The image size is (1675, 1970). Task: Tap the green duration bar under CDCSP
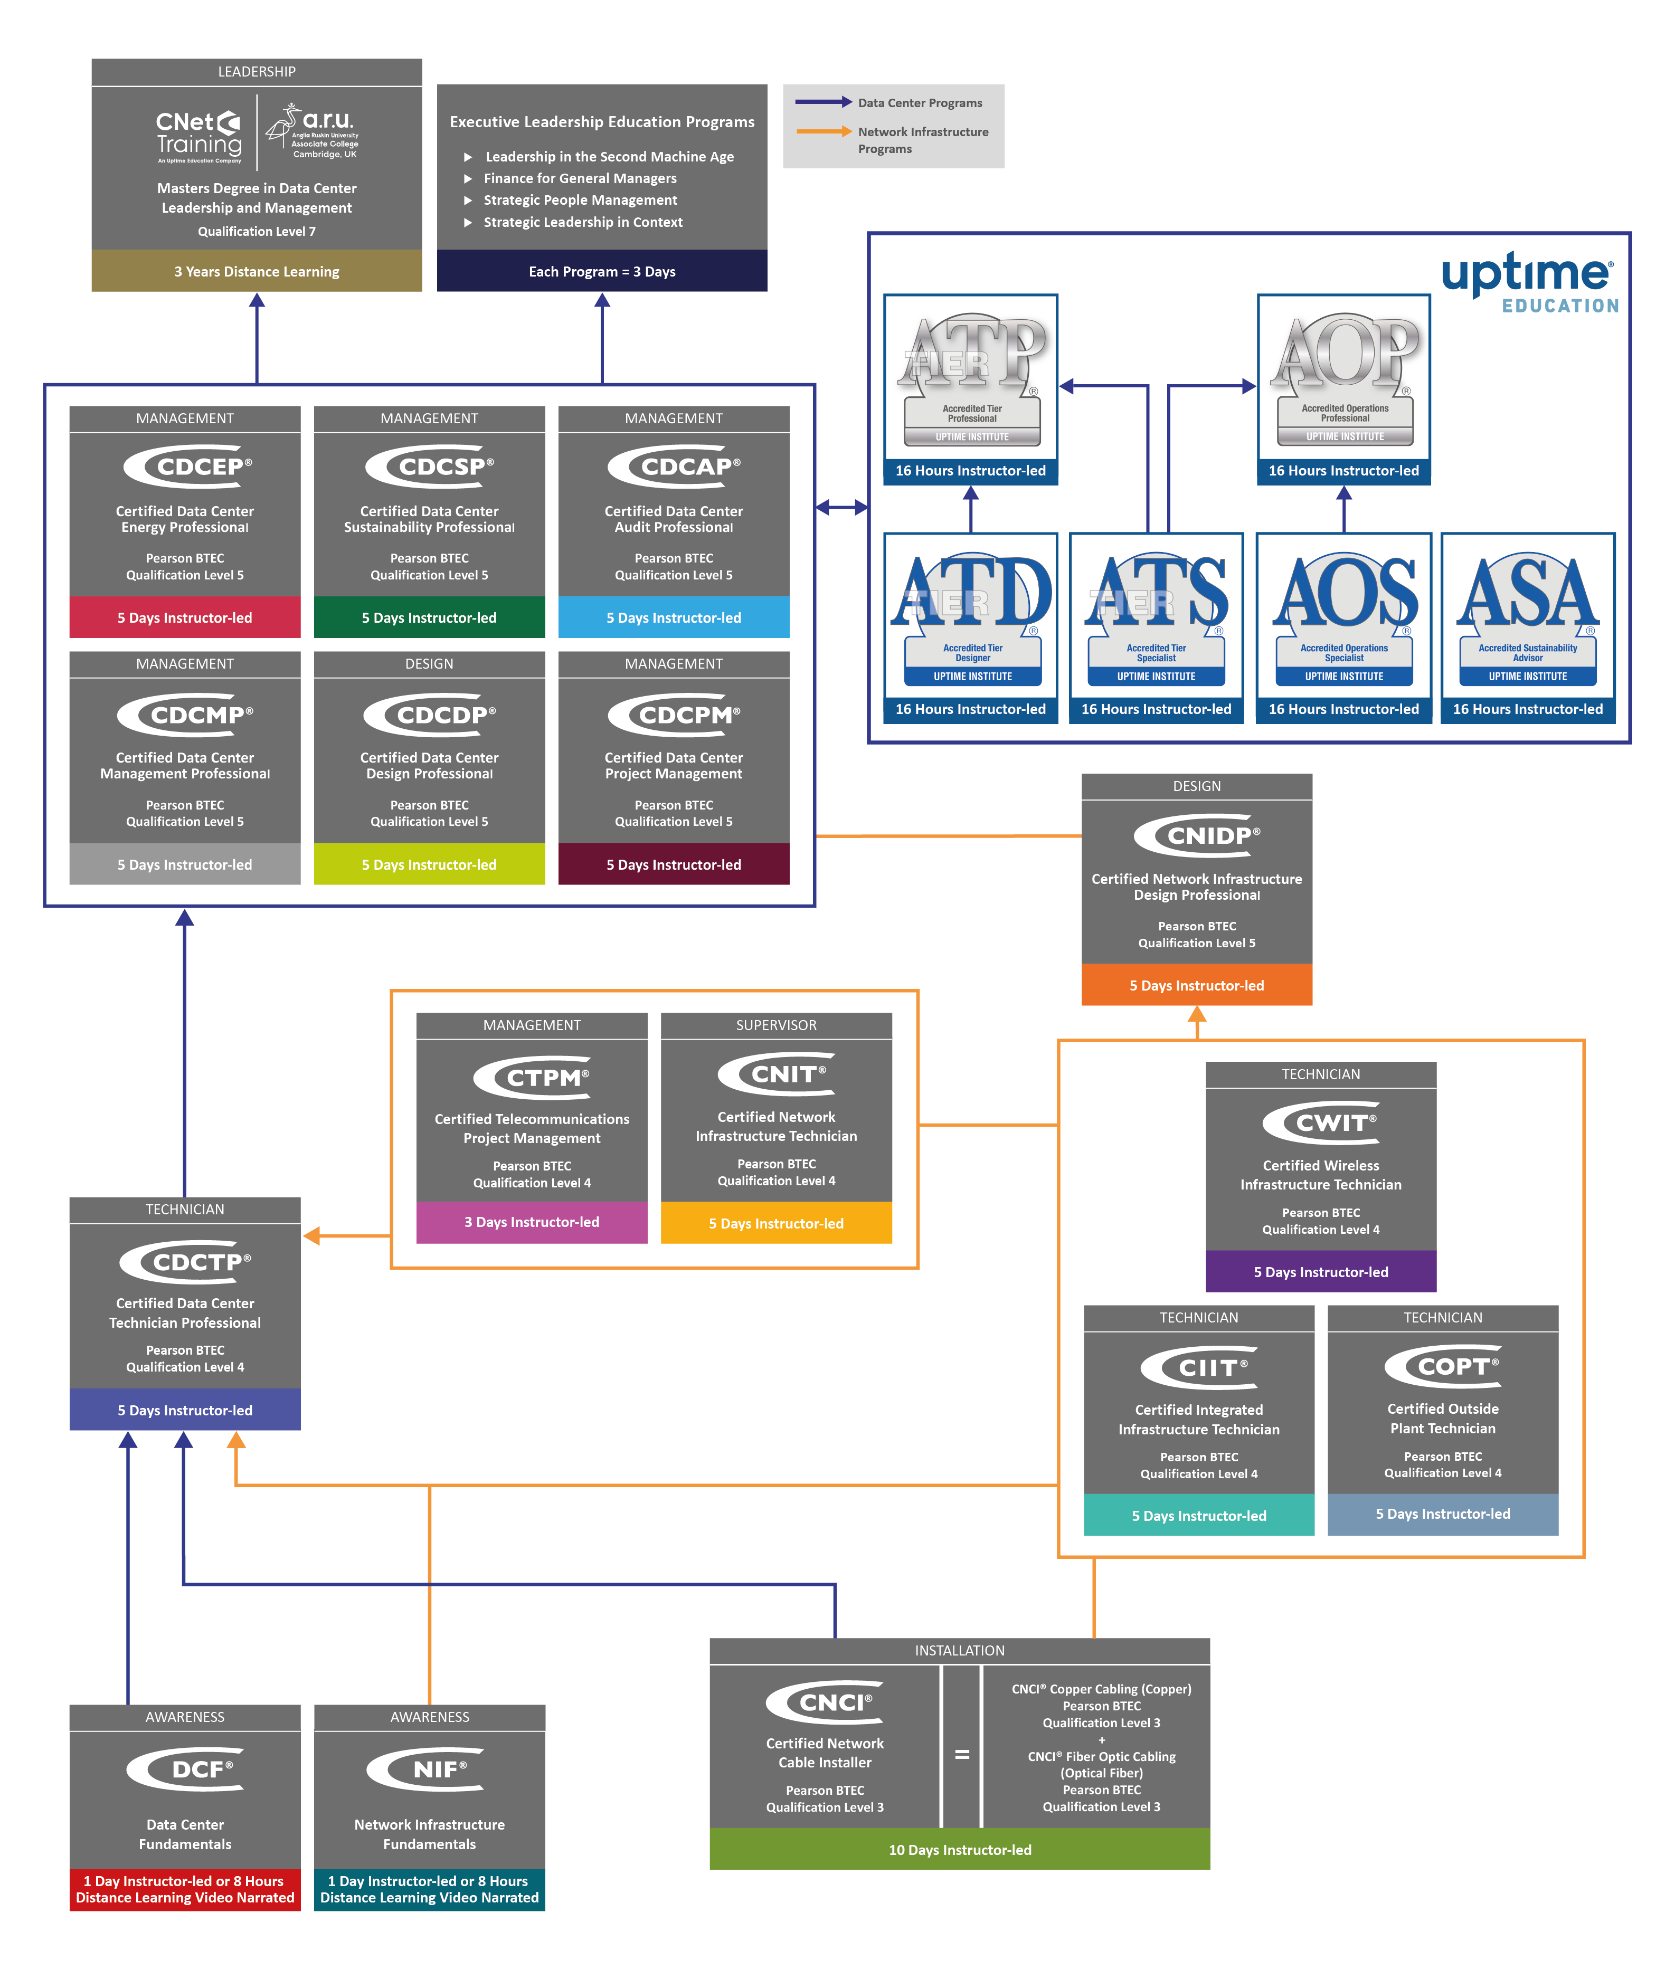429,617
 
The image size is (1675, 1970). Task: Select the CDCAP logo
674,466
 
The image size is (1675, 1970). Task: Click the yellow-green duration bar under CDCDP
429,864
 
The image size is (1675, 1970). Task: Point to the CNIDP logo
1197,835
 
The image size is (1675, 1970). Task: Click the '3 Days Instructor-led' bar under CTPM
532,1222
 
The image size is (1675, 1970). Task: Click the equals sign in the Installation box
962,1755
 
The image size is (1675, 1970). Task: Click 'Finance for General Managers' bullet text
580,178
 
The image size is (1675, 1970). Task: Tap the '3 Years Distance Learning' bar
257,272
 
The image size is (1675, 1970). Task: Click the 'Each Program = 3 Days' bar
602,272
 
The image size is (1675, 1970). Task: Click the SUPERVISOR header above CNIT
776,1025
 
